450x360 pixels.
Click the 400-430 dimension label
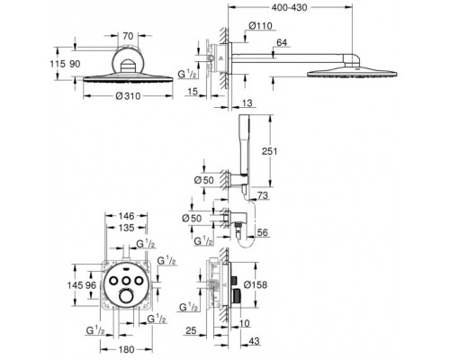click(289, 7)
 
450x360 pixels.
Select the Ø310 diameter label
click(128, 96)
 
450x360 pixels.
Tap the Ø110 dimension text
click(260, 26)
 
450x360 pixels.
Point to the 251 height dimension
click(270, 151)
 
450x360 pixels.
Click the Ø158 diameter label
click(256, 284)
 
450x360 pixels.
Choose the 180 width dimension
click(126, 349)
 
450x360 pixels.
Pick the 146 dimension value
click(126, 216)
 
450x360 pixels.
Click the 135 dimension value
click(126, 228)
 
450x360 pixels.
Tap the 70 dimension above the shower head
click(128, 36)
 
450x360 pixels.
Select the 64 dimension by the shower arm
click(282, 42)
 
